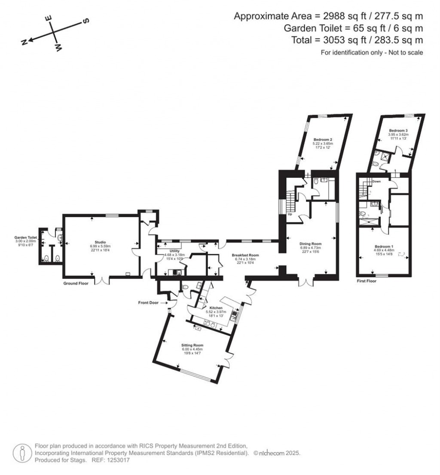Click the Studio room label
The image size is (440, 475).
[x=100, y=242]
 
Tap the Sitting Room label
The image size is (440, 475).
[x=192, y=345]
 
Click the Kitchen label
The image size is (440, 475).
[x=215, y=308]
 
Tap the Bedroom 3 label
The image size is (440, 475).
[x=397, y=130]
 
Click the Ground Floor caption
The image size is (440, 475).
[x=76, y=284]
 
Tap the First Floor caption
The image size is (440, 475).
[x=367, y=281]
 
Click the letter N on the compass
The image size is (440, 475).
[x=25, y=42]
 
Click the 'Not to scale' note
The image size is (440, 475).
[x=372, y=52]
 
